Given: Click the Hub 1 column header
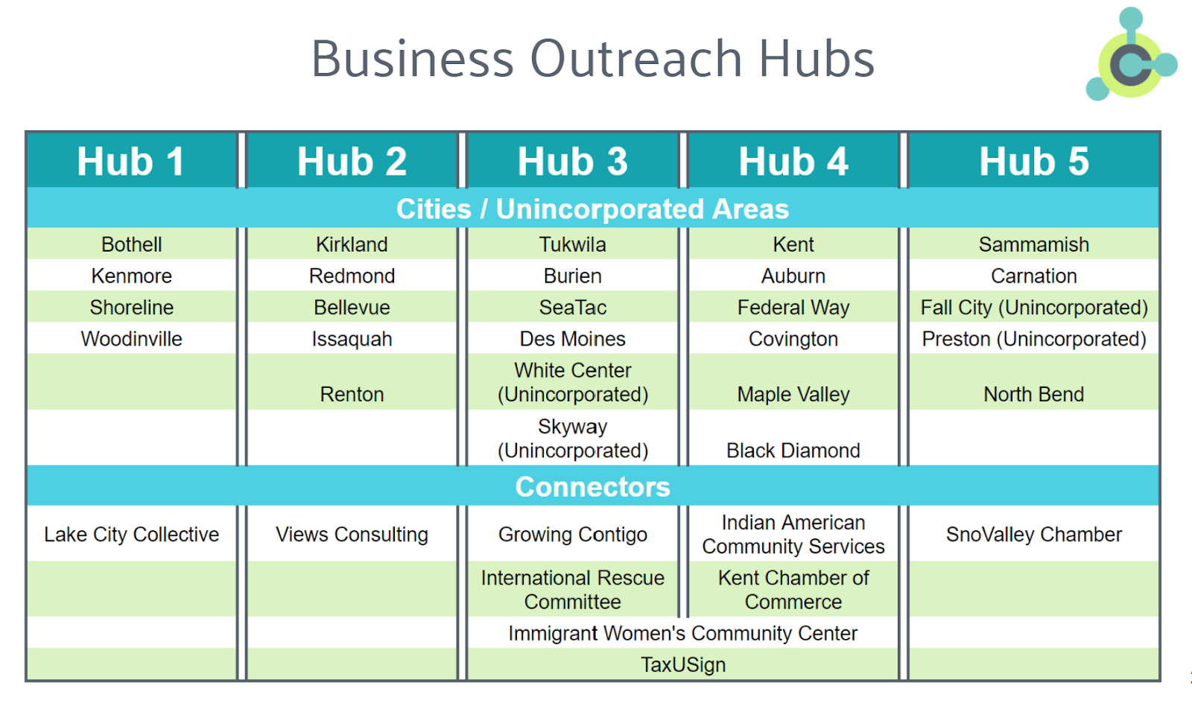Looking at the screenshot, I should click(131, 162).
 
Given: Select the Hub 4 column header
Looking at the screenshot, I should click(793, 162).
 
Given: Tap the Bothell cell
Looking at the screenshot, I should click(131, 244).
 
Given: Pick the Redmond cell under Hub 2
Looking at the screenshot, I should click(352, 276).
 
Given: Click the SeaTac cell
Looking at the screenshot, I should click(572, 308).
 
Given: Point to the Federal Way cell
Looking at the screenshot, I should click(793, 308).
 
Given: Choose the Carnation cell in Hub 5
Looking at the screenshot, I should click(1033, 276).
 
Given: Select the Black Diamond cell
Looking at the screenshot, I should click(793, 451).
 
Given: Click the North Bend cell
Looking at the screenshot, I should click(1033, 394).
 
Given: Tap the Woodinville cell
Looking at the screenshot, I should click(131, 339).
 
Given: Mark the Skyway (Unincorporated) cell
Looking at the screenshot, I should click(572, 439).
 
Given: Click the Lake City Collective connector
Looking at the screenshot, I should click(131, 534).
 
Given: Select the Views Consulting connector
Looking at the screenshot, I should click(352, 534).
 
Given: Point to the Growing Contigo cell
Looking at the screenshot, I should click(572, 534).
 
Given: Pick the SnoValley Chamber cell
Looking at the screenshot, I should click(1033, 534).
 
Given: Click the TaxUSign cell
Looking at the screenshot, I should click(682, 664).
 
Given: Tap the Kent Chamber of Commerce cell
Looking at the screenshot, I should click(793, 589).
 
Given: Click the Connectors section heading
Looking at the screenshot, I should click(592, 486).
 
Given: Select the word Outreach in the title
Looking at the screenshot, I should click(635, 59).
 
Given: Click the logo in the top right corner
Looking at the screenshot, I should click(1131, 56).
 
